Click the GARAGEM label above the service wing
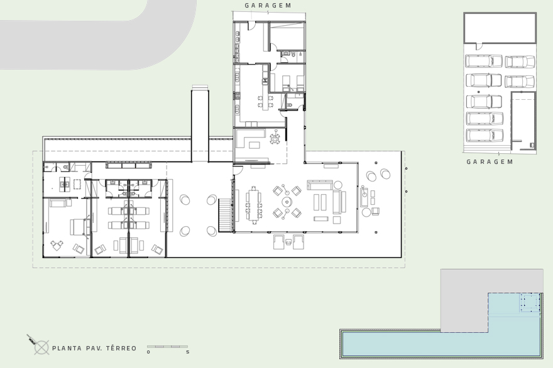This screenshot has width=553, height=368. (268, 6)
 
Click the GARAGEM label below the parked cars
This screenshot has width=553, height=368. (490, 162)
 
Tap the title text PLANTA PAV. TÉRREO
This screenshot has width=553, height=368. (94, 348)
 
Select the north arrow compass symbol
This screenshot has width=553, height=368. (40, 346)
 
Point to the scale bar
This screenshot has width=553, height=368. (167, 347)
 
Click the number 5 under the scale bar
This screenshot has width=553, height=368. (187, 352)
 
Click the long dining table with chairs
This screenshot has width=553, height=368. (253, 205)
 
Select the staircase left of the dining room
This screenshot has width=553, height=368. (226, 215)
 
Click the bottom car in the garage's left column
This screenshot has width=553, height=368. (484, 135)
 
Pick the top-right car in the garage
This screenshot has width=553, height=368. (520, 62)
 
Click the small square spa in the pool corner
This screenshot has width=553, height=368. (530, 303)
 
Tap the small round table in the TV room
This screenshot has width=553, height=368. (275, 137)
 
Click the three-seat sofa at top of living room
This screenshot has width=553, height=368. (319, 185)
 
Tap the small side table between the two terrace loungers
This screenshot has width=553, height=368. (288, 241)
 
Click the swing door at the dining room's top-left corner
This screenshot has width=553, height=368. (239, 170)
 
